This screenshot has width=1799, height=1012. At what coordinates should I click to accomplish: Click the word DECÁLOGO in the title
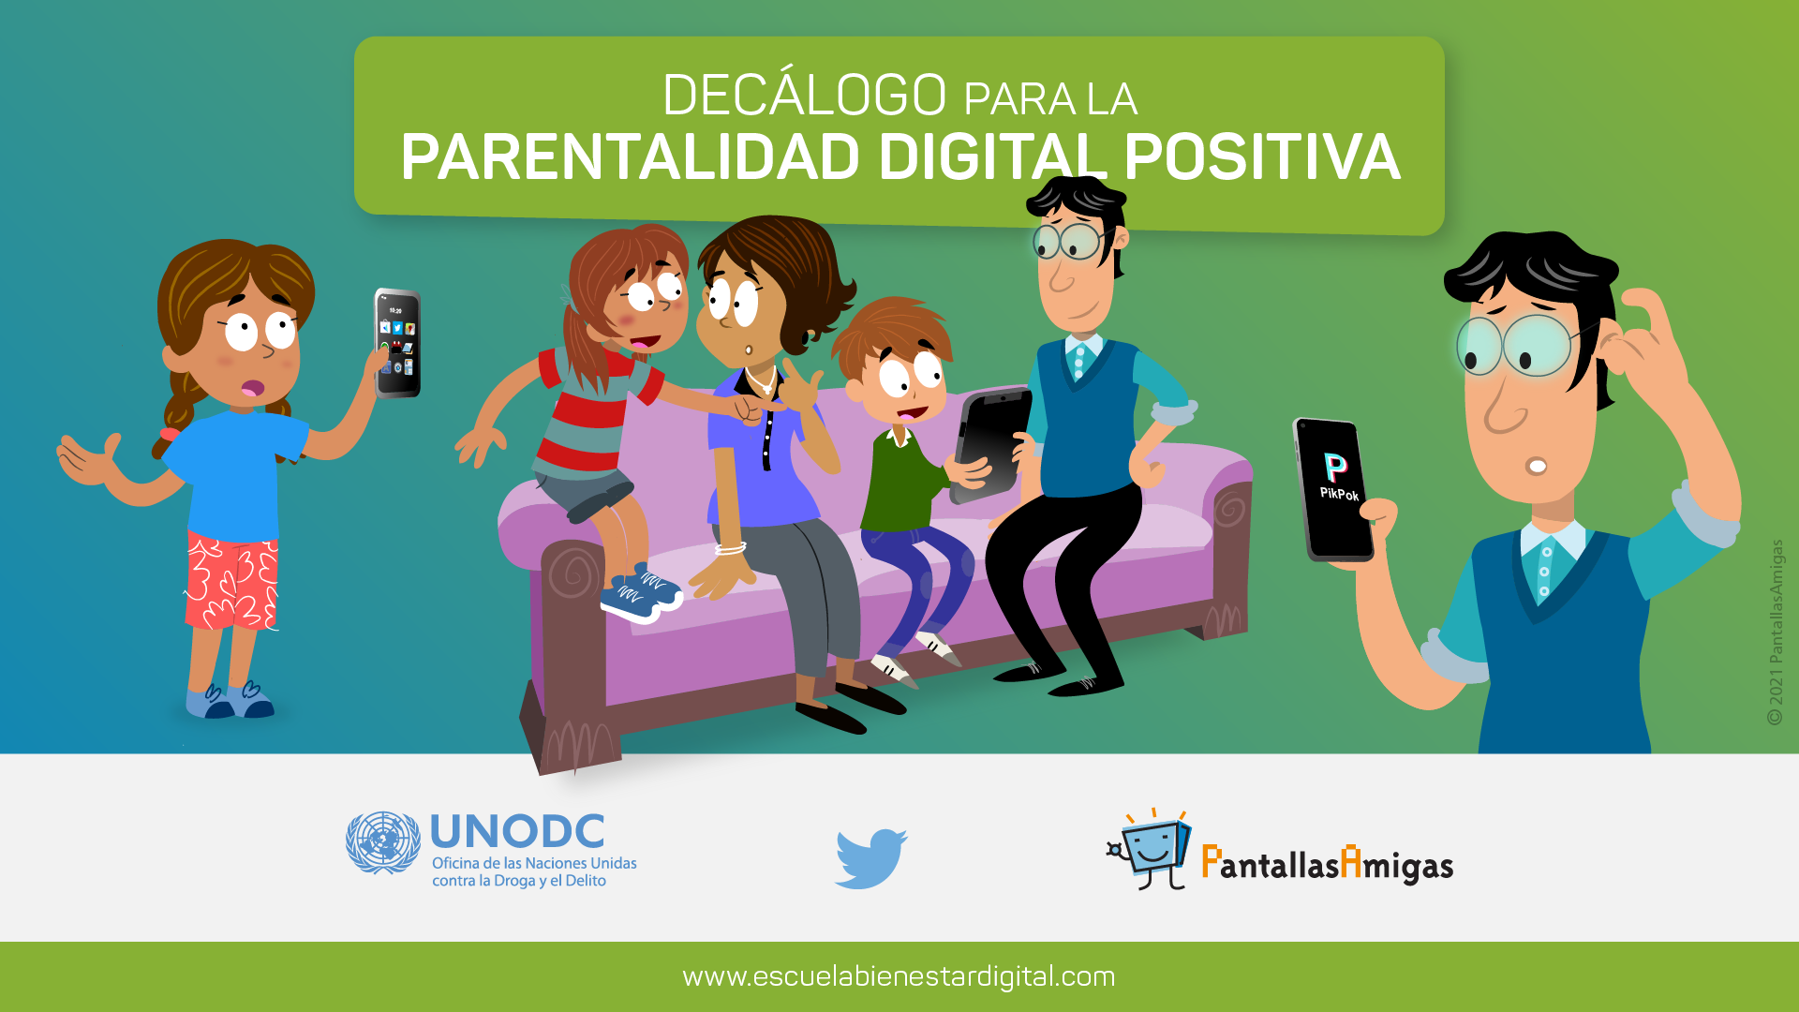(805, 95)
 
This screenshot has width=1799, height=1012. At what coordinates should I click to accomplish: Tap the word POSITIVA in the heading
(1262, 156)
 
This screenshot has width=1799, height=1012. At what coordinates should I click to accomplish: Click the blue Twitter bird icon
(870, 857)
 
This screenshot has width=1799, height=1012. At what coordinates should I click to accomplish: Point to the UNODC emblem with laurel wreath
(383, 842)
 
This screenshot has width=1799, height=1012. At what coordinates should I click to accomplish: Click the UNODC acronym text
(517, 832)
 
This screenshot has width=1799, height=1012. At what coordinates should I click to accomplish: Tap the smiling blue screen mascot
(1151, 848)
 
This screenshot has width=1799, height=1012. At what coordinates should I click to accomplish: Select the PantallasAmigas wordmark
(1327, 863)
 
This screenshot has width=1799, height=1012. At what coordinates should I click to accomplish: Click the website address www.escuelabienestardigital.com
(899, 976)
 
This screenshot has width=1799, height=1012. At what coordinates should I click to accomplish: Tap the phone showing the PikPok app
(1333, 489)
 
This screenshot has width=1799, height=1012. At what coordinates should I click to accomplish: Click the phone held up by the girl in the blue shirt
(397, 343)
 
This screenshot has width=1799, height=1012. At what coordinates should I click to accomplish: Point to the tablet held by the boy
(991, 443)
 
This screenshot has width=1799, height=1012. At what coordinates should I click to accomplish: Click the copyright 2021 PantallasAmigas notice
(1775, 632)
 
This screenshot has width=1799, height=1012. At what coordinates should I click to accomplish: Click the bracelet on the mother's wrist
(730, 548)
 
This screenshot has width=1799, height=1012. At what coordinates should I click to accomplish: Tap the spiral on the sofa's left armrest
(573, 571)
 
